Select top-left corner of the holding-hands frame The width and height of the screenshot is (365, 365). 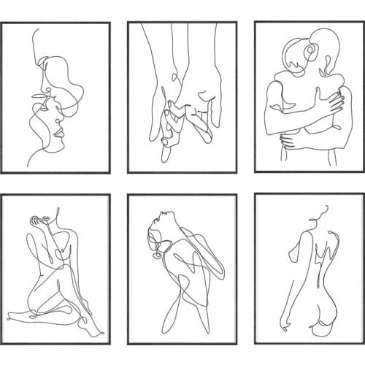click(x=128, y=23)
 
